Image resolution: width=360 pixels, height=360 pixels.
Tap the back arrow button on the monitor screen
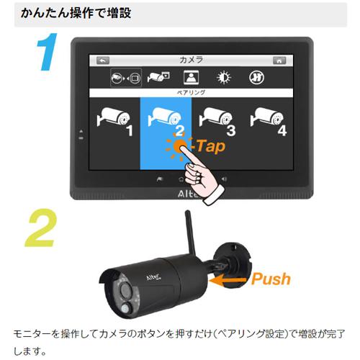coord(104,60)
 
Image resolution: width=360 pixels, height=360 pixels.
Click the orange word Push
coord(271,279)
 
